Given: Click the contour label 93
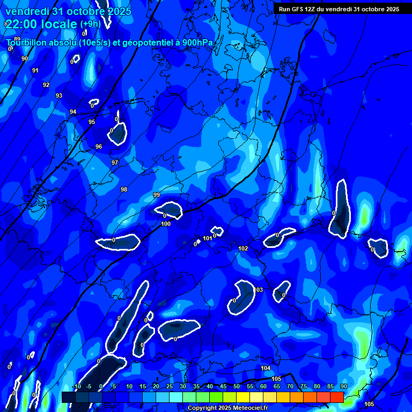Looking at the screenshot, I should tap(59, 95).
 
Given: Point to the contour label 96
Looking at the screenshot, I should tap(99, 146).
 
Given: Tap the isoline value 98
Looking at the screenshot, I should tap(124, 189).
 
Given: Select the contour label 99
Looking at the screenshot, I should tap(157, 195).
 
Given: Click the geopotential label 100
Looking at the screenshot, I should tap(166, 224).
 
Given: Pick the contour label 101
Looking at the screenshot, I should tap(208, 238).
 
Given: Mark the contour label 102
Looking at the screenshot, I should tap(243, 248).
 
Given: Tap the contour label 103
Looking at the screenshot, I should tap(259, 290).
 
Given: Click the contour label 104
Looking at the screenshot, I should tap(266, 368).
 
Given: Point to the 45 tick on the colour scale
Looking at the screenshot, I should tap(223, 387).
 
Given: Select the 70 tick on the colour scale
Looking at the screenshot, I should tap(290, 387).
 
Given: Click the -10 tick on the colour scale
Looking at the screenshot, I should tap(76, 387).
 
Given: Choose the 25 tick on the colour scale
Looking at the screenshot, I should tap(170, 387).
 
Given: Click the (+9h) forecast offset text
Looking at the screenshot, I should tap(90, 24).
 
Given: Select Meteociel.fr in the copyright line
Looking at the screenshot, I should tap(246, 408).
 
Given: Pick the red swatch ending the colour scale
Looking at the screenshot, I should tap(337, 397).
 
